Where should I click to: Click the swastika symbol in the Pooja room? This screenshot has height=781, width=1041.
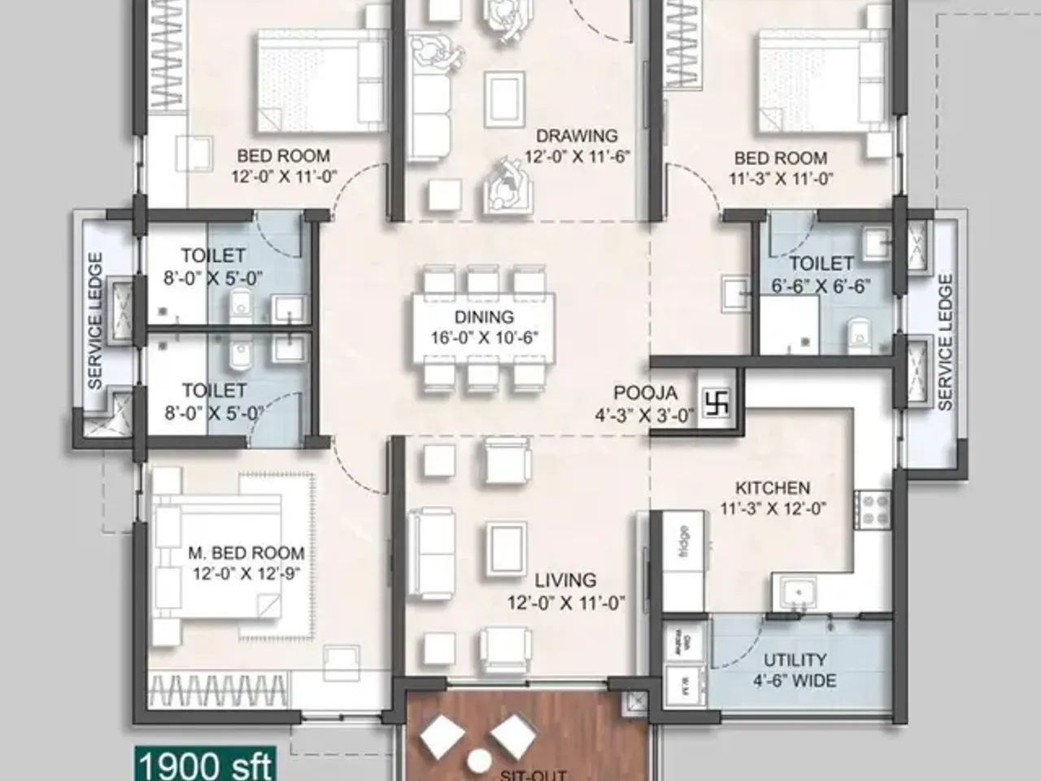coord(718,403)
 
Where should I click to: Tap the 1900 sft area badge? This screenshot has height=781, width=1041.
coord(205,766)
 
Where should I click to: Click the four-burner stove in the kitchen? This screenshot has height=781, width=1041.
coord(873,510)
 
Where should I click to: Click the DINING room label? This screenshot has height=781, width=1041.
coord(484,317)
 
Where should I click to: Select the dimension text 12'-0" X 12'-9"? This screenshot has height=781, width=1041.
coord(246,574)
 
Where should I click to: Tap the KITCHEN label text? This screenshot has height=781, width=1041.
coord(773,488)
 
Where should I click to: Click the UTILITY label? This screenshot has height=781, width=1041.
coord(795,660)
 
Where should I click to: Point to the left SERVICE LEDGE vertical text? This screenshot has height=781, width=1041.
coord(95,321)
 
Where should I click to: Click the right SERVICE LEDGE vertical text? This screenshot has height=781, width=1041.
coord(944,342)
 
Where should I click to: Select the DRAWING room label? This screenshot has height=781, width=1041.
coord(577,136)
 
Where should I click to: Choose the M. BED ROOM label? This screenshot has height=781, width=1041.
coord(246,553)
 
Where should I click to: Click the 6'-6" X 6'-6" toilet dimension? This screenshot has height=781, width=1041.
coord(821,286)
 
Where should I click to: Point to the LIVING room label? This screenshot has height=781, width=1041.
coord(565,581)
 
